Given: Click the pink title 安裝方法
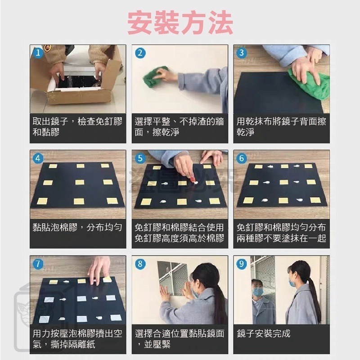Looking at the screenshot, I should point(180,22).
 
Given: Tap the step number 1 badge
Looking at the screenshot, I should point(39,53).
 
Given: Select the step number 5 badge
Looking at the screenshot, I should point(140,158).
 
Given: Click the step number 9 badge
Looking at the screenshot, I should point(242,264).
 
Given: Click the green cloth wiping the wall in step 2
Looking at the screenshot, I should point(154,77).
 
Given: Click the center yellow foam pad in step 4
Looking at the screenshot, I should point(80,182).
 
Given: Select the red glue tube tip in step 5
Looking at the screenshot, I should point(193,179).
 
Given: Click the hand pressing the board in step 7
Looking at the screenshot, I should point(100,269).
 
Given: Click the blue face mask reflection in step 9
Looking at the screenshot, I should point(257,292).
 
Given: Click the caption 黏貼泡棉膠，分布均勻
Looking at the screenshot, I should point(77,227).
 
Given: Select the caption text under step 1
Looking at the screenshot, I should point(77,127).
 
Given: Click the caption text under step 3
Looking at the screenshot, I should point(281,127).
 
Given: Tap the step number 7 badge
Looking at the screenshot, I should point(39,264).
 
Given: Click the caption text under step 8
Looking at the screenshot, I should point(179,339).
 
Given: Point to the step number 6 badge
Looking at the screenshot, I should point(242,158).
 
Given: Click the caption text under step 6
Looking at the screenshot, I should point(281,233).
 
